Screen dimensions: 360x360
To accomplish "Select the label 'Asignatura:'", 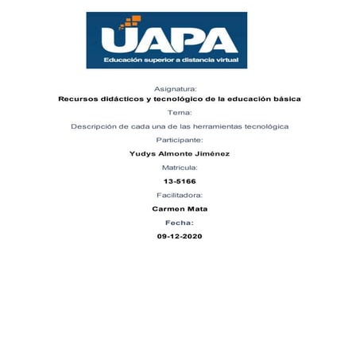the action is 180,88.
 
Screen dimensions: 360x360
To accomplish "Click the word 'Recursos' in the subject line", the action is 79,99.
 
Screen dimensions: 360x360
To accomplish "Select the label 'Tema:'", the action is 180,113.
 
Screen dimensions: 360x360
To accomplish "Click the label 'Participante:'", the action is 180,140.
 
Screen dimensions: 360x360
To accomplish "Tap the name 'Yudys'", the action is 143,154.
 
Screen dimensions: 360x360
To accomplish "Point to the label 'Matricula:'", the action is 180,168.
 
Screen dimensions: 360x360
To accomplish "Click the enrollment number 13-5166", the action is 180,181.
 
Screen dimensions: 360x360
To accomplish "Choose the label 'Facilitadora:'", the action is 180,195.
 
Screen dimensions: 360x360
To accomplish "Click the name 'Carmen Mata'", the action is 180,209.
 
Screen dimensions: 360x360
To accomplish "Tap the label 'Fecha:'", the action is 180,223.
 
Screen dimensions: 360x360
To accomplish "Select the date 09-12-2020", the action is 180,236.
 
